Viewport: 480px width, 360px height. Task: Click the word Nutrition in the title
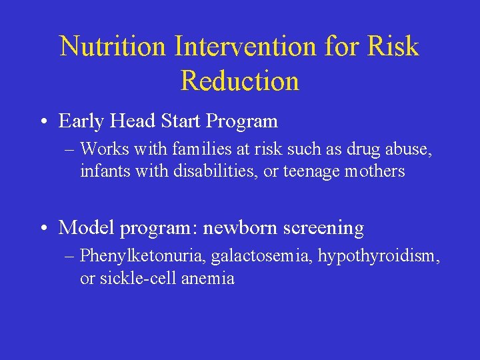pyautogui.click(x=113, y=47)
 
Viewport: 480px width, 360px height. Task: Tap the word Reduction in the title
pyautogui.click(x=240, y=81)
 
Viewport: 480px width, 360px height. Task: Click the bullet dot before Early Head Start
pyautogui.click(x=43, y=122)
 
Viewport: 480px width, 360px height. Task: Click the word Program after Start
pyautogui.click(x=242, y=121)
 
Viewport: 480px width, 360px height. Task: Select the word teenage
pyautogui.click(x=311, y=171)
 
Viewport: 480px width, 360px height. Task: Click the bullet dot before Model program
pyautogui.click(x=43, y=229)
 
